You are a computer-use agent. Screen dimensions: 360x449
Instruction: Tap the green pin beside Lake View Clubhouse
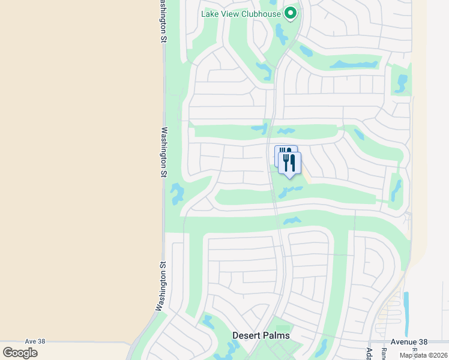(x=291, y=13)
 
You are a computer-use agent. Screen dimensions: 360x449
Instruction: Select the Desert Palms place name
(x=261, y=335)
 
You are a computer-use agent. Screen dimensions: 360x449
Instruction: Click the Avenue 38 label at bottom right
(x=409, y=341)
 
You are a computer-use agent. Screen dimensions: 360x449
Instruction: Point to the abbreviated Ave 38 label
(x=35, y=341)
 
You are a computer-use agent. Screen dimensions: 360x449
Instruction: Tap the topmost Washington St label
(x=162, y=21)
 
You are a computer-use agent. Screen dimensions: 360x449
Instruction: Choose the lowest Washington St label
(x=161, y=286)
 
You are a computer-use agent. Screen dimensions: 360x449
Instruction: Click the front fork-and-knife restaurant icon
(x=289, y=163)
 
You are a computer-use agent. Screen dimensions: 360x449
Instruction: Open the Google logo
(x=20, y=352)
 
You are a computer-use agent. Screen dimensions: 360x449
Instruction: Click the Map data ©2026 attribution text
(x=423, y=355)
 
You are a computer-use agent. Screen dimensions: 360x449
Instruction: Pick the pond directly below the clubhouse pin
(x=281, y=34)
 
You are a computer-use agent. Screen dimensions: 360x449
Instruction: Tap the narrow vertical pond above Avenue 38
(x=406, y=309)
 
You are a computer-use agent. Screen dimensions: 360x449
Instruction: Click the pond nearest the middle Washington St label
(x=177, y=194)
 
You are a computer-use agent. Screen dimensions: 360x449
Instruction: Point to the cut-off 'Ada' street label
(x=369, y=353)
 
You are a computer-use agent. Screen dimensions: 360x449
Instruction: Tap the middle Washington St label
(x=164, y=151)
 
